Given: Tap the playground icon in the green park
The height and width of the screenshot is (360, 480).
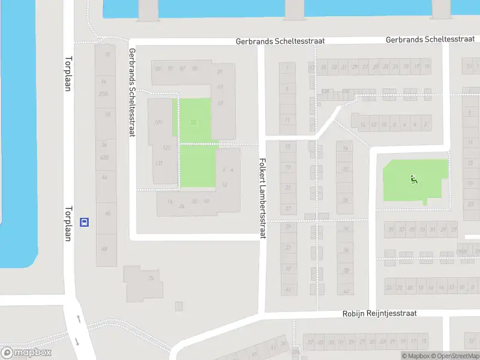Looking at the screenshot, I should (x=413, y=179).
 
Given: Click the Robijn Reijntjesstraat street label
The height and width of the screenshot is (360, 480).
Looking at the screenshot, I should (x=379, y=313).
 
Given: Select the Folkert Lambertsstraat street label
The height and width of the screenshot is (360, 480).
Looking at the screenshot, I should (x=262, y=199).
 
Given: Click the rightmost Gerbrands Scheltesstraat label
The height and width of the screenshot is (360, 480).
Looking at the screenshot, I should (x=423, y=40).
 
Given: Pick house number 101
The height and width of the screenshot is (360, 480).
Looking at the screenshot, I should (x=158, y=122).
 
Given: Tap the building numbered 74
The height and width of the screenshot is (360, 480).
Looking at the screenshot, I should (x=151, y=278).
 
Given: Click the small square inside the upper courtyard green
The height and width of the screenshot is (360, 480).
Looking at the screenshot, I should (x=193, y=123).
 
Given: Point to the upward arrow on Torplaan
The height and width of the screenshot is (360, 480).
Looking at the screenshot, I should (x=77, y=319).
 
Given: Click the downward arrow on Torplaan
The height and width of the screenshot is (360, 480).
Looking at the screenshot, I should (x=77, y=342).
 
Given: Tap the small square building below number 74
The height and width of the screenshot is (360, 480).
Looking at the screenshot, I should (x=178, y=306).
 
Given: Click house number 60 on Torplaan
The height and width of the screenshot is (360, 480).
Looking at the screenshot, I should (x=107, y=214).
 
